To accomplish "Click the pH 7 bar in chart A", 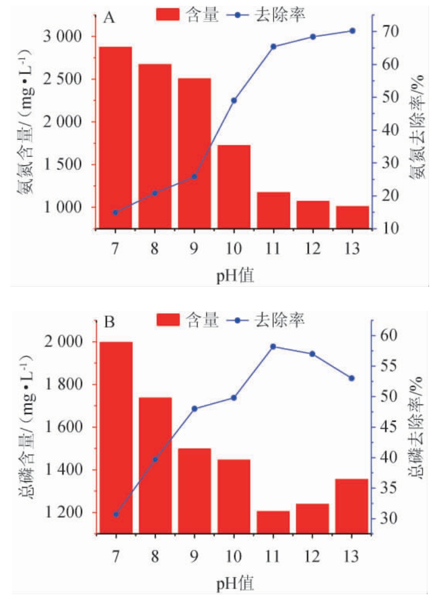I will pyautogui.click(x=116, y=137).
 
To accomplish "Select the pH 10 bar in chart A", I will pyautogui.click(x=234, y=186).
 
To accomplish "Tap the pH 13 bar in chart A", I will pyautogui.click(x=352, y=217).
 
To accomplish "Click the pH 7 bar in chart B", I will pyautogui.click(x=116, y=437).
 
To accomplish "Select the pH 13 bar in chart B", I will pyautogui.click(x=352, y=506).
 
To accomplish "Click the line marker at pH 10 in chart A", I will pyautogui.click(x=234, y=100).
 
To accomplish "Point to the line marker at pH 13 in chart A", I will pyautogui.click(x=352, y=31).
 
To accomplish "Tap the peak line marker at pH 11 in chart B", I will pyautogui.click(x=273, y=346).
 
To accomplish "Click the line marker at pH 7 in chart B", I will pyautogui.click(x=116, y=514).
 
